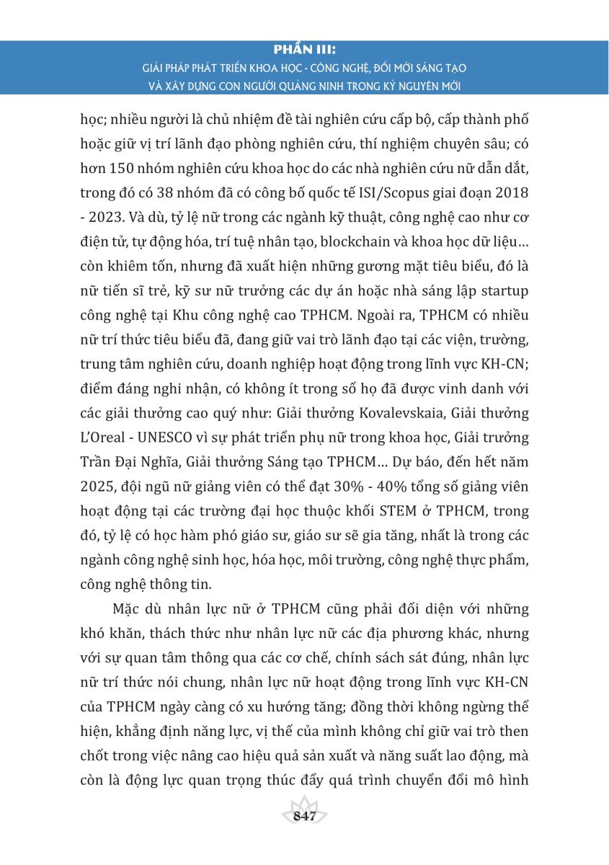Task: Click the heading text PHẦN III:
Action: (x=305, y=51)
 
